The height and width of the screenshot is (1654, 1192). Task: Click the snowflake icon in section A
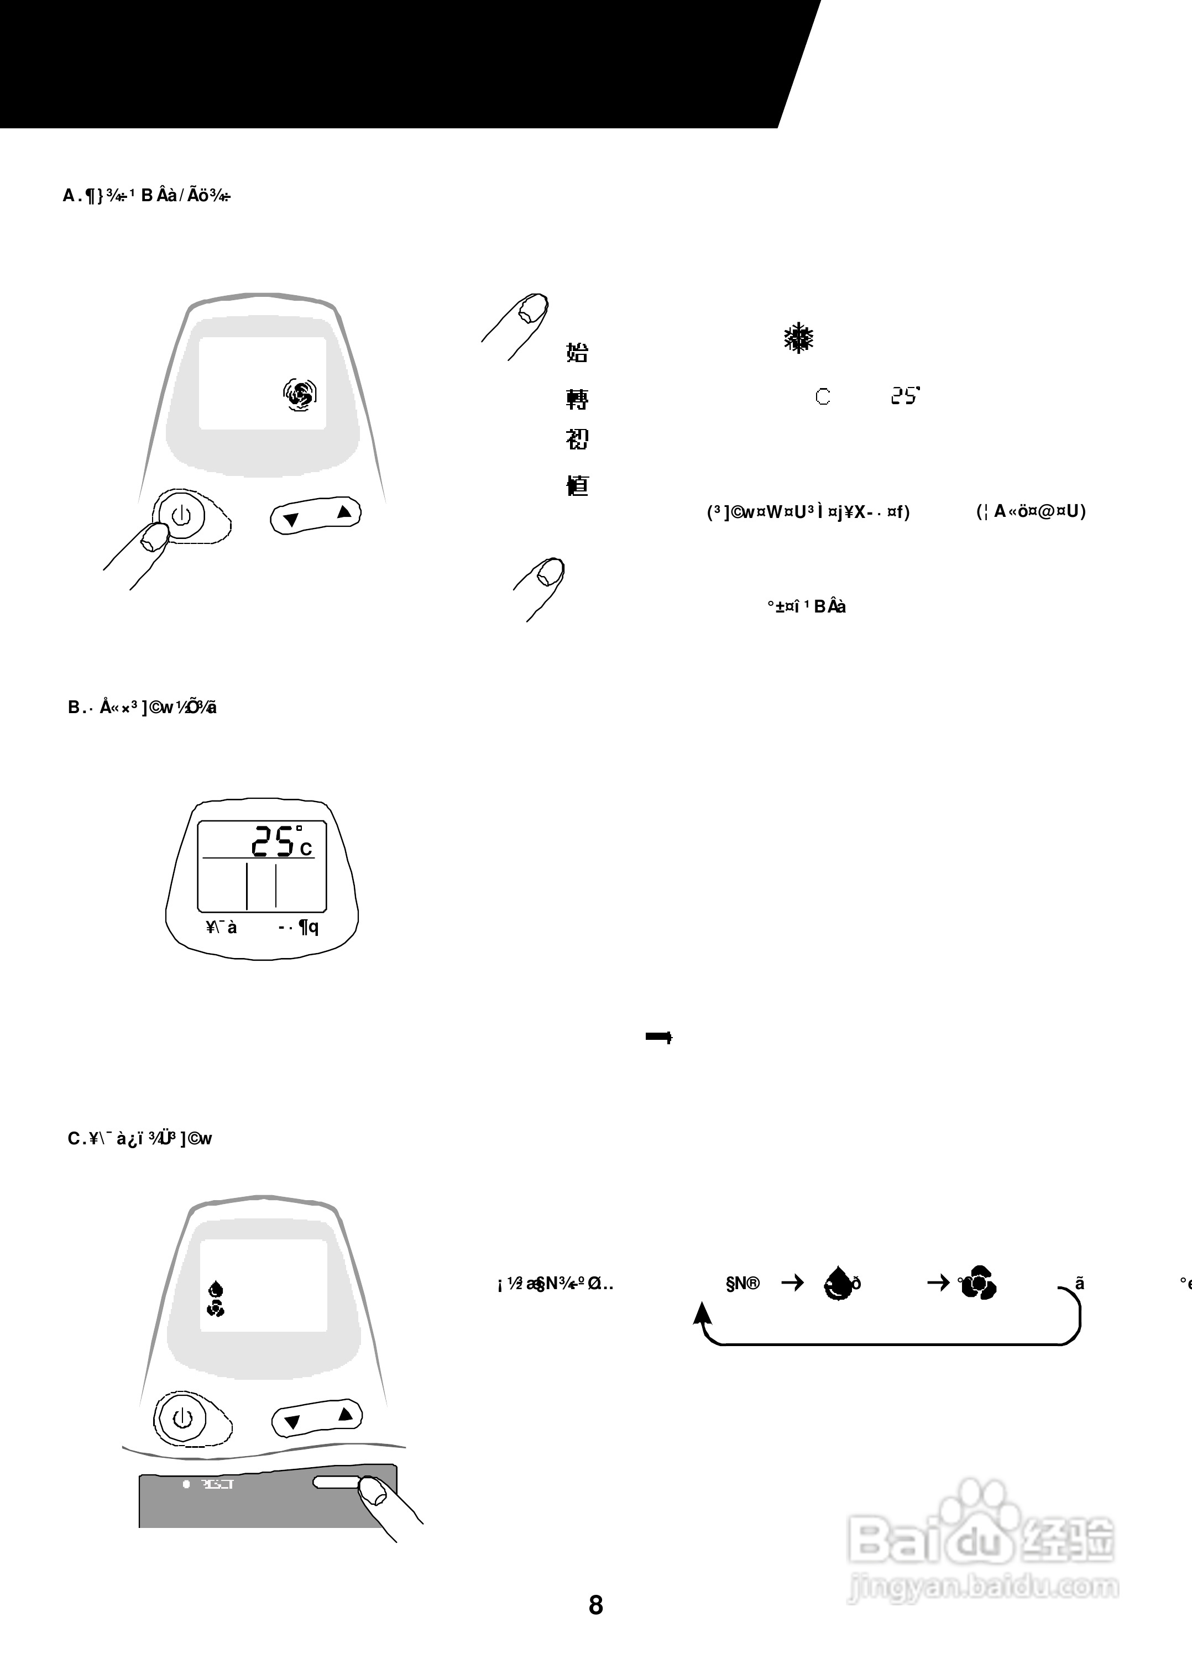point(799,338)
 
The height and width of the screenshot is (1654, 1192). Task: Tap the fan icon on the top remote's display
point(300,395)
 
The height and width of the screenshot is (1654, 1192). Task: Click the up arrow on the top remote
point(343,512)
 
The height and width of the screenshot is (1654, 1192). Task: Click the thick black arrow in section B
point(658,1037)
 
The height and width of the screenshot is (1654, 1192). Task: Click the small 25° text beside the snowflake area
point(905,396)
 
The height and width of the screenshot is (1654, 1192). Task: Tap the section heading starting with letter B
point(142,708)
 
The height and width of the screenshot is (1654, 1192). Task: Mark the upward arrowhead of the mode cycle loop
point(701,1311)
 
